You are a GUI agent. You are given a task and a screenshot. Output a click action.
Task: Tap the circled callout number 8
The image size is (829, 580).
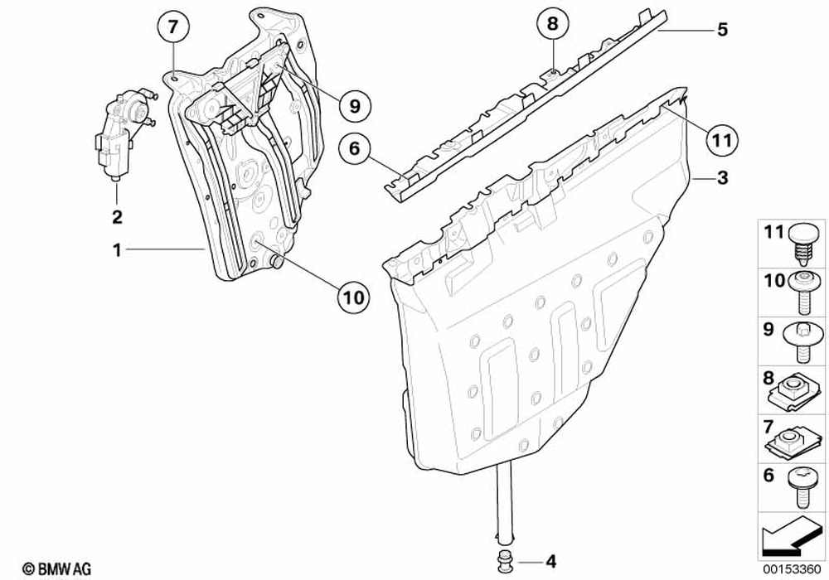(553, 25)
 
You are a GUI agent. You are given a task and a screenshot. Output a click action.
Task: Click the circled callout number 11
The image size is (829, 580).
(720, 141)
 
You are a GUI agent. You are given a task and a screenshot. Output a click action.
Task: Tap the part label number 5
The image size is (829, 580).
(722, 30)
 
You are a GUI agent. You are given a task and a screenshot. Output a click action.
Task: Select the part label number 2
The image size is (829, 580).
(117, 217)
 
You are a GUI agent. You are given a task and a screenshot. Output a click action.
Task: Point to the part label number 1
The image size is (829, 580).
(117, 248)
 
